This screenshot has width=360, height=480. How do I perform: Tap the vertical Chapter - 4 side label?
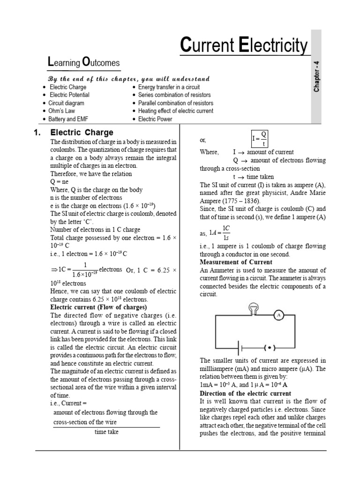coord(317,75)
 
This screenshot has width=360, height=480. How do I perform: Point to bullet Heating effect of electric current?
coord(175,111)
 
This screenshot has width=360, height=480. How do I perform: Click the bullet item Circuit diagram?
coord(66,103)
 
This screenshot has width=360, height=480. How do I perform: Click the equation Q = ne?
coord(60,182)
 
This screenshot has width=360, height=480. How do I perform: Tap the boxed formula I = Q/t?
coord(260,139)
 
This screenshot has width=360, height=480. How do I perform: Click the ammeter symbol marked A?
coord(279,315)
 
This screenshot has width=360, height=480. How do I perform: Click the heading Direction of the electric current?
coord(246,393)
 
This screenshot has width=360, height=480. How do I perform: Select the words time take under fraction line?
coord(106,432)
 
